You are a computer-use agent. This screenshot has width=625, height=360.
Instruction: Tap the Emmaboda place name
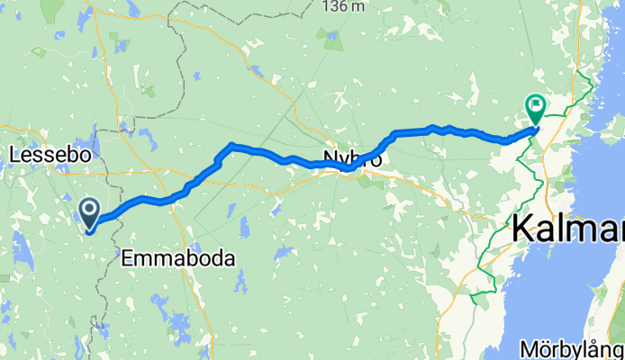tap(177, 259)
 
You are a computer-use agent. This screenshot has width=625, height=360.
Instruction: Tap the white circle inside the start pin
tap(91, 211)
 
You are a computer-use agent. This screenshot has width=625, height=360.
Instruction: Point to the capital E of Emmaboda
tap(126, 259)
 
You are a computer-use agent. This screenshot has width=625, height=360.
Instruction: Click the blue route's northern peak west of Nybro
tap(232, 144)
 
